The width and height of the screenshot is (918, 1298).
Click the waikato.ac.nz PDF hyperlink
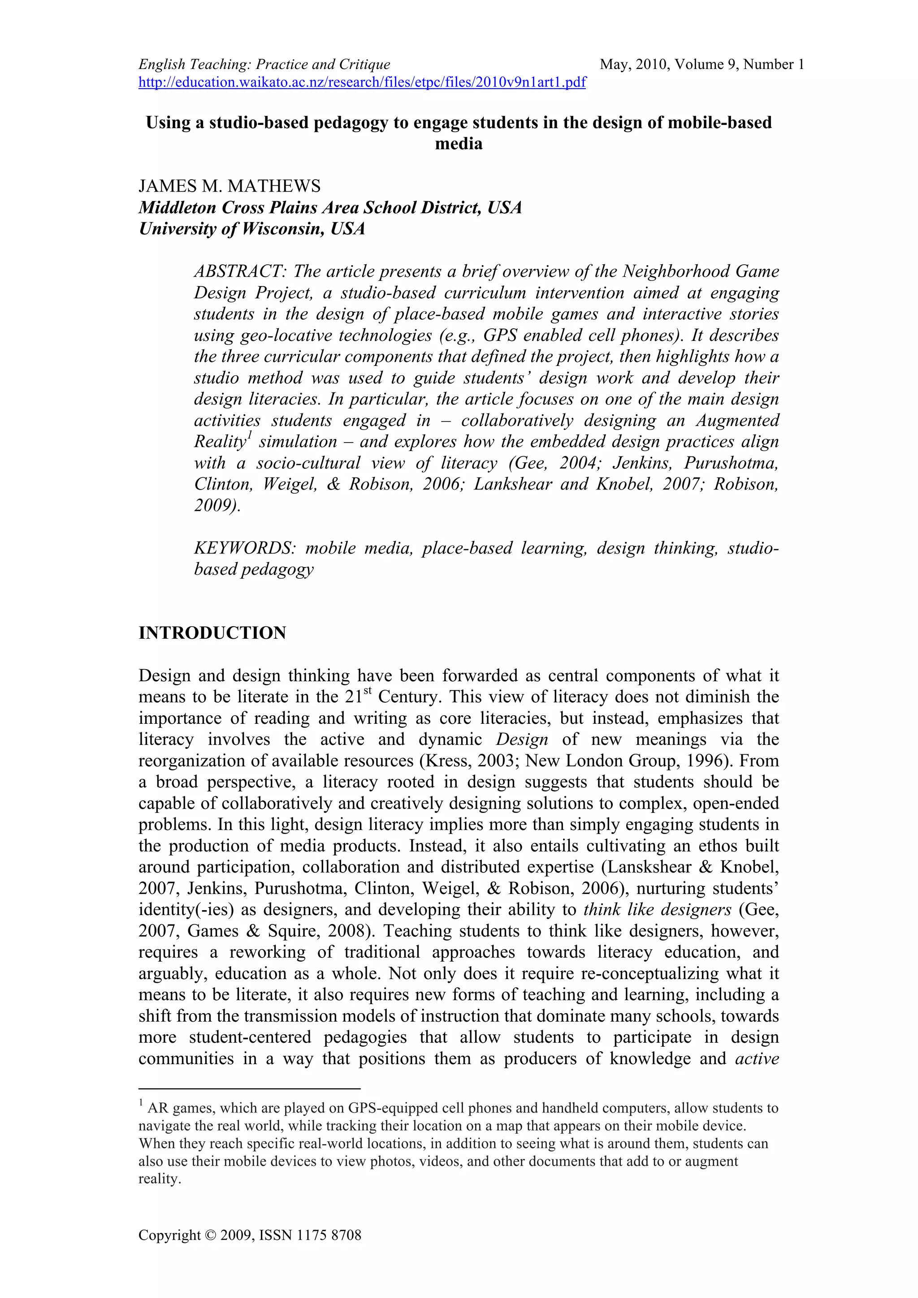(x=362, y=82)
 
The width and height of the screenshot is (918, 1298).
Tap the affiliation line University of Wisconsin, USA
(x=252, y=228)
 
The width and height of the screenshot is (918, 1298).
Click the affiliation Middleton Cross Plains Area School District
(x=330, y=207)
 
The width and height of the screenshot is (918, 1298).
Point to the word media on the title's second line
(x=459, y=144)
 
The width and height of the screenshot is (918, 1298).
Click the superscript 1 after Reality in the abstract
(x=249, y=436)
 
